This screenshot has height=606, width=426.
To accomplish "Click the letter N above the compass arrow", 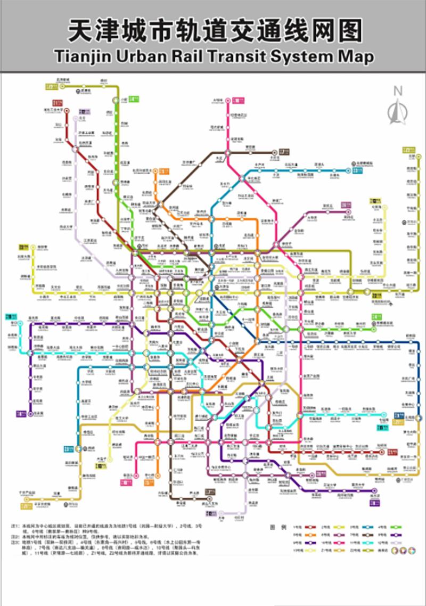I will coord(397,91).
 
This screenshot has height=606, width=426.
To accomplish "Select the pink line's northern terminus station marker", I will coord(227,100).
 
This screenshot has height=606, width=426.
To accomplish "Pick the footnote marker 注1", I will coord(15,526).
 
